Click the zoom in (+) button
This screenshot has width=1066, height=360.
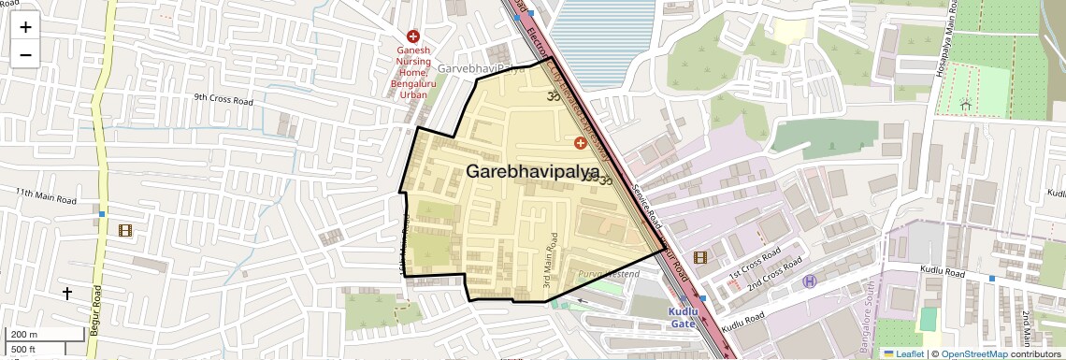(x=25, y=27)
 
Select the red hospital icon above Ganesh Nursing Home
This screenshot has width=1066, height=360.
(x=412, y=36)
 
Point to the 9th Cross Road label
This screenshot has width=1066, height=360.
(x=223, y=98)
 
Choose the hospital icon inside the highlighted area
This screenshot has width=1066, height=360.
(x=580, y=143)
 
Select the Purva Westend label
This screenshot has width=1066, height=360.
(x=608, y=274)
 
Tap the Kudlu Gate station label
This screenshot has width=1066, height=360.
(x=683, y=317)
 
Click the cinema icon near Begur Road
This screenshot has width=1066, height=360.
(x=125, y=230)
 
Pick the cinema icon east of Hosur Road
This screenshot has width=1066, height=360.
(x=700, y=257)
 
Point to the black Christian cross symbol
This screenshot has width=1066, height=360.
(x=66, y=294)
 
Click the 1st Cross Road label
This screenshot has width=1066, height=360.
(x=755, y=264)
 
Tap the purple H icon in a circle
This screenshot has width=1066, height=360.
(x=810, y=281)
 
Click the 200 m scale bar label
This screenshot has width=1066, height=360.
(x=23, y=335)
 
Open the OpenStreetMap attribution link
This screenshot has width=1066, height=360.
(x=973, y=353)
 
